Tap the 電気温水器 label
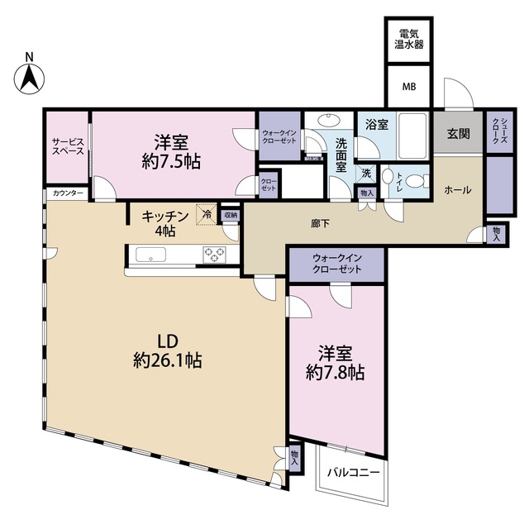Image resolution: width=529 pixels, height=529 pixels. coord(408,39)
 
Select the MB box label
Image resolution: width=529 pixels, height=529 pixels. coord(408,86)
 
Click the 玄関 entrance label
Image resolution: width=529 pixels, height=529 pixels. coord(459,134)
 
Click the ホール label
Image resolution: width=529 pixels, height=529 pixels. coord(458,190)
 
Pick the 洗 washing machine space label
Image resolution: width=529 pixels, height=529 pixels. coord(365,174)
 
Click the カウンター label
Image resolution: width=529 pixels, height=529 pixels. coord(66,193)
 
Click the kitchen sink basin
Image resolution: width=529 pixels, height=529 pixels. coord(151,255)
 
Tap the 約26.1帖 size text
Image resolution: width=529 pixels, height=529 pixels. coord(169,360)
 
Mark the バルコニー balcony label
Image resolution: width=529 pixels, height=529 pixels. coord(352,473)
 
